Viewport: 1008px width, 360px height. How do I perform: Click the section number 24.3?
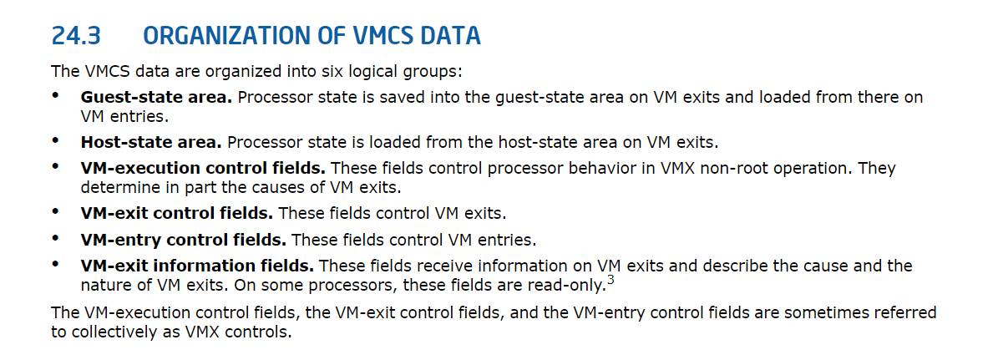pyautogui.click(x=76, y=36)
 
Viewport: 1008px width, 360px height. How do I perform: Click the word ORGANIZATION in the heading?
pyautogui.click(x=244, y=36)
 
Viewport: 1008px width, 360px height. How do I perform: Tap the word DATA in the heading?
pyautogui.click(x=450, y=36)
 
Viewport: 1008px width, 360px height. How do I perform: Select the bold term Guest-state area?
pyautogui.click(x=156, y=97)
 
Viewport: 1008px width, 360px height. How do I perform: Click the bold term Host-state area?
pyautogui.click(x=151, y=142)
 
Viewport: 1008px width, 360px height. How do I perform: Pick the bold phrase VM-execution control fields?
pyautogui.click(x=203, y=168)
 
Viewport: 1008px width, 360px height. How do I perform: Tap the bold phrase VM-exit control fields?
pyautogui.click(x=177, y=213)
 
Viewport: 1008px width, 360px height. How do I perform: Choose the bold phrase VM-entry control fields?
pyautogui.click(x=184, y=240)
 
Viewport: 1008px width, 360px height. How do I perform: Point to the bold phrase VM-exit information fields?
pyautogui.click(x=197, y=266)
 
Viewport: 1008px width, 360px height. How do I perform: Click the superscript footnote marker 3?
pyautogui.click(x=610, y=281)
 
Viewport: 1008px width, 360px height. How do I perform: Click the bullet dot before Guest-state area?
pyautogui.click(x=55, y=95)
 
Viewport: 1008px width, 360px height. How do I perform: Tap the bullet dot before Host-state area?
pyautogui.click(x=55, y=140)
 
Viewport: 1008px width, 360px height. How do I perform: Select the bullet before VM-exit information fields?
pyautogui.click(x=55, y=264)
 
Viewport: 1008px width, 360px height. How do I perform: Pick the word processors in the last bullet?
pyautogui.click(x=352, y=286)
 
